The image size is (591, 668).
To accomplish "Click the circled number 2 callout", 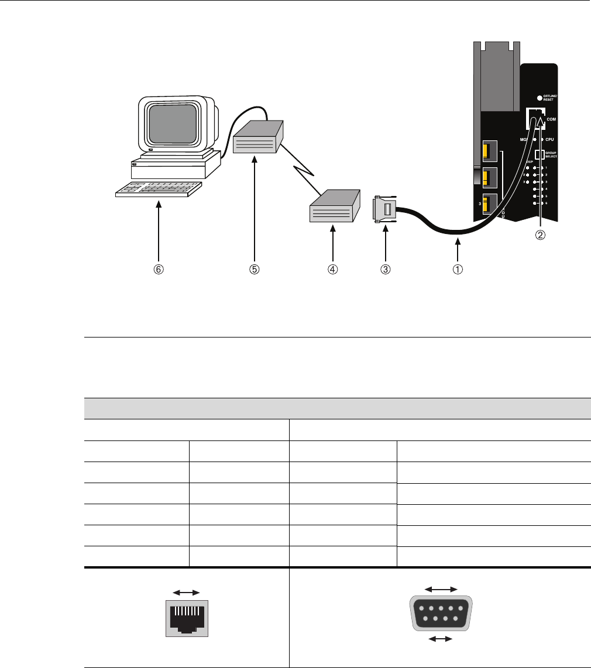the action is [x=541, y=235].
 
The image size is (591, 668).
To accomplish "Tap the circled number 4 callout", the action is [x=332, y=270].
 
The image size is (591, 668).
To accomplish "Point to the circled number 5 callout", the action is [x=255, y=270].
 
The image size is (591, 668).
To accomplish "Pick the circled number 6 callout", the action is [x=159, y=270].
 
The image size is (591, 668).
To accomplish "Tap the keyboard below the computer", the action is [x=158, y=190].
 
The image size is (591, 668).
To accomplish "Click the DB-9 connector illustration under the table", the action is [x=439, y=614].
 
